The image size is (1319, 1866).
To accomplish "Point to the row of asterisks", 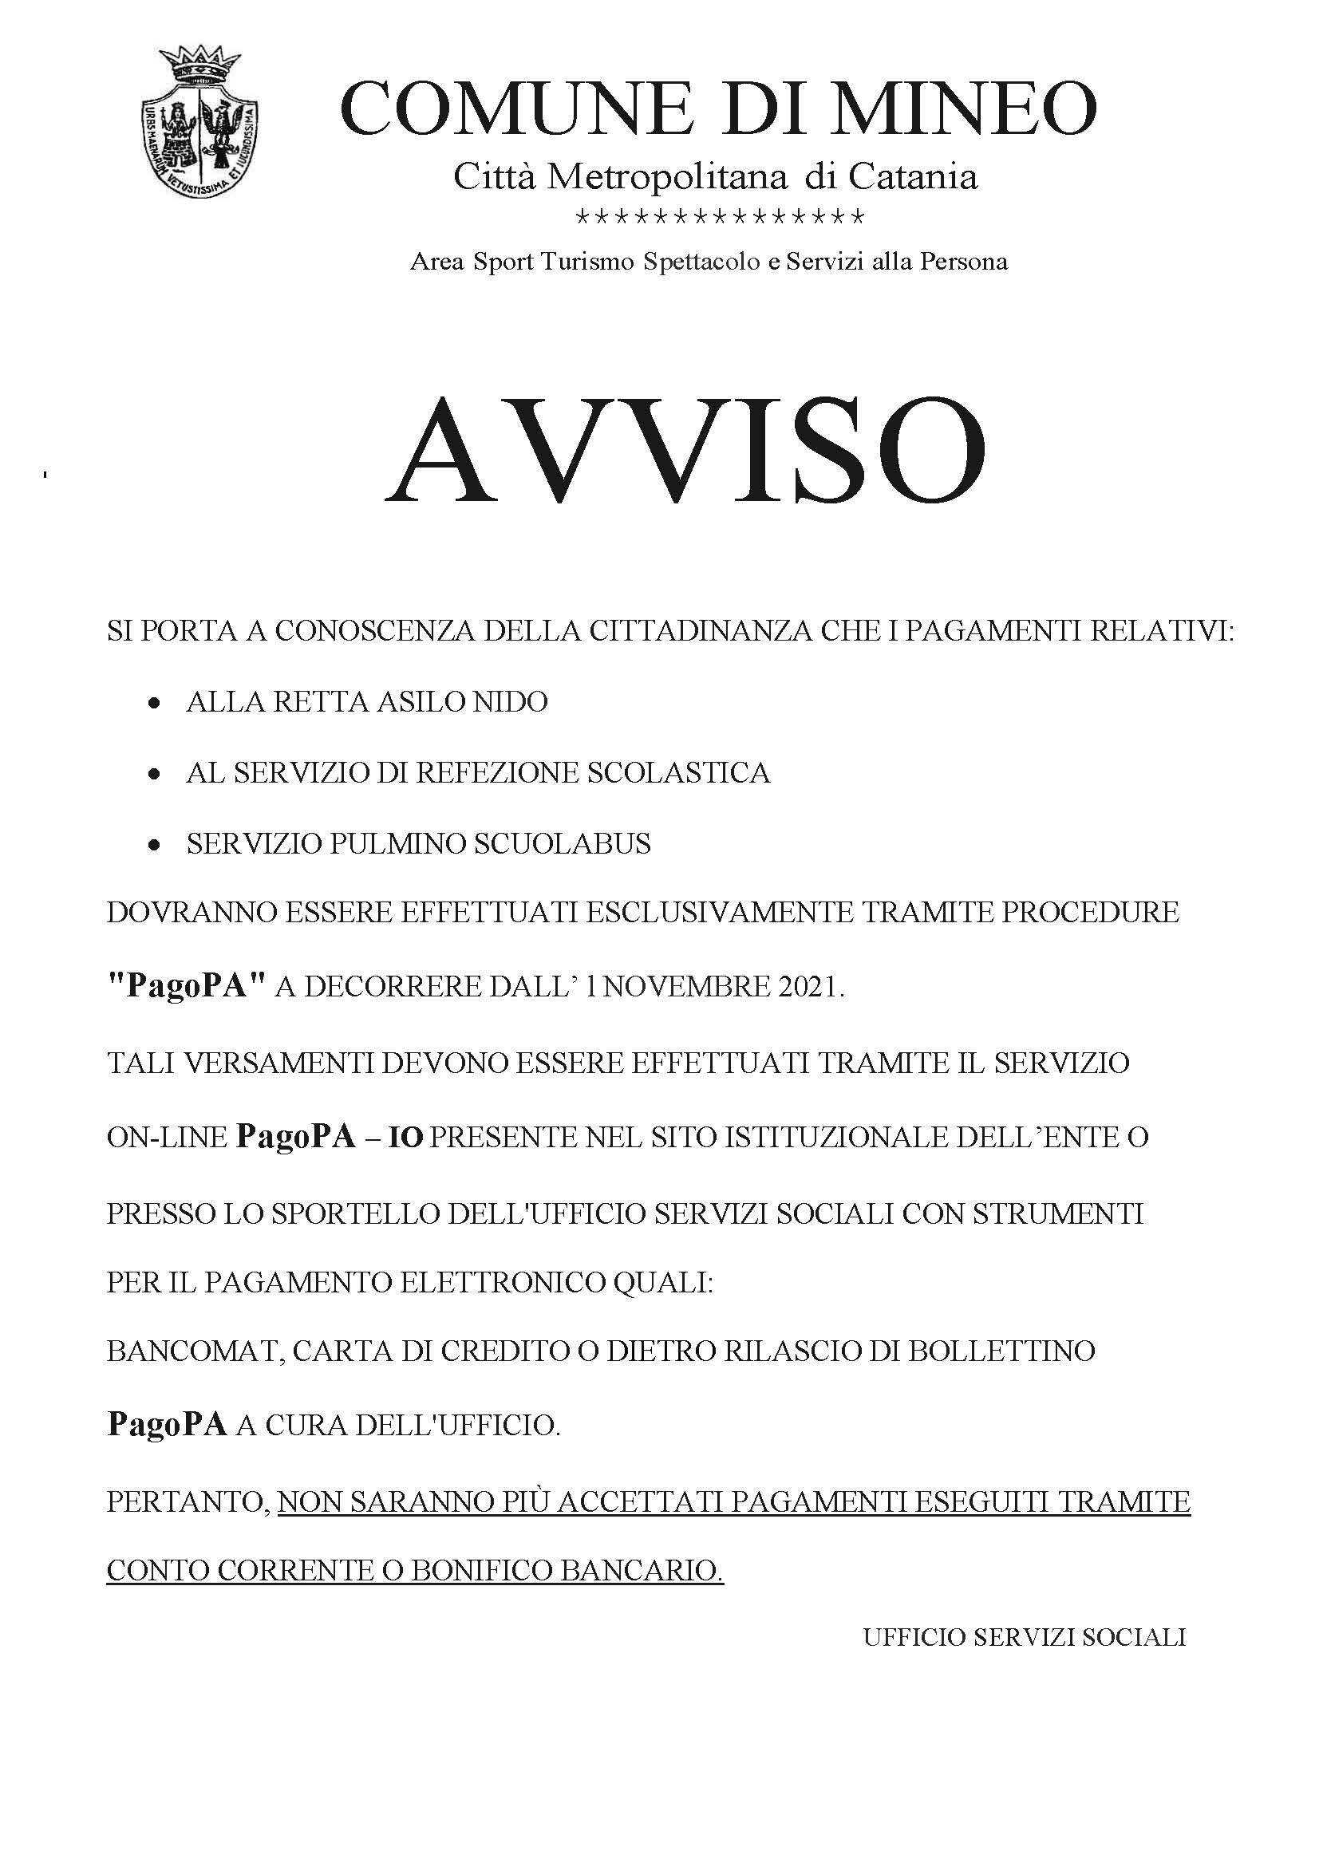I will coord(719,219).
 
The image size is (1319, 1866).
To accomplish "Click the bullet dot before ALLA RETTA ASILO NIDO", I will coord(152,704).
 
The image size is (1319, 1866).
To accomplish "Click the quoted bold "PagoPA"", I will coord(187,987).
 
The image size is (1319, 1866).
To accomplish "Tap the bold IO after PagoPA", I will coord(405,1138).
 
